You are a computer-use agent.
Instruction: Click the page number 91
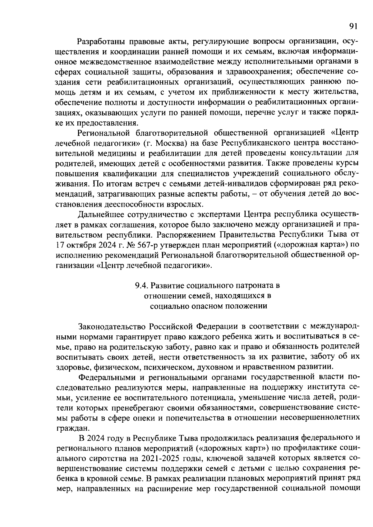(353, 26)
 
